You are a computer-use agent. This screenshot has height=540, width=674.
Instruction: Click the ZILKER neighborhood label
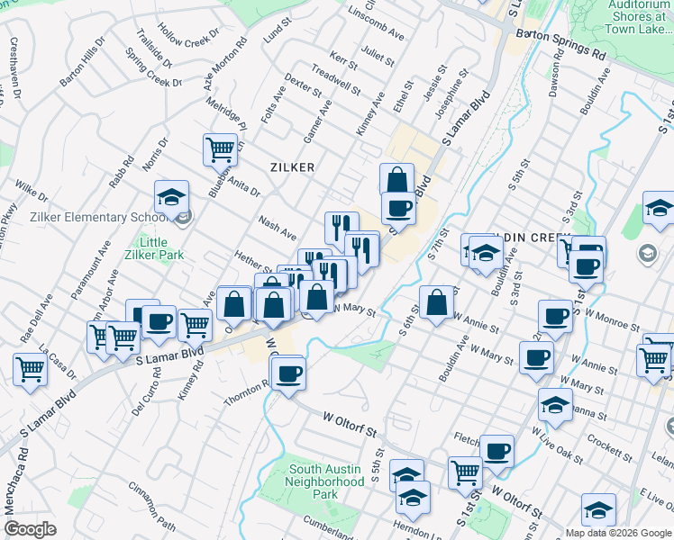click(x=292, y=167)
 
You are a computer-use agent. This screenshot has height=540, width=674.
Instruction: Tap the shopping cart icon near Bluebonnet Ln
click(x=220, y=148)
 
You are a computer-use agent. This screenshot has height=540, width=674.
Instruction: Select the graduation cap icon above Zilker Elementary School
click(x=171, y=198)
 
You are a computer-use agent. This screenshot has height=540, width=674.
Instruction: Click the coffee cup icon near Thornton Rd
click(x=288, y=373)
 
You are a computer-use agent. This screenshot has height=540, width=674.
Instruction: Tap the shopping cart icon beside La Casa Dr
click(x=31, y=368)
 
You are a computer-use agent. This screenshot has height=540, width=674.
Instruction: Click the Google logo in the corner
click(x=30, y=529)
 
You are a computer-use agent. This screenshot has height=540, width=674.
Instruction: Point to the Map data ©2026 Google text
click(x=617, y=533)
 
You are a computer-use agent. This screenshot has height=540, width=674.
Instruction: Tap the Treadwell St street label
click(x=335, y=80)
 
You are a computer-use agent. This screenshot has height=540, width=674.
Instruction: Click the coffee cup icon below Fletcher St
click(x=496, y=450)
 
